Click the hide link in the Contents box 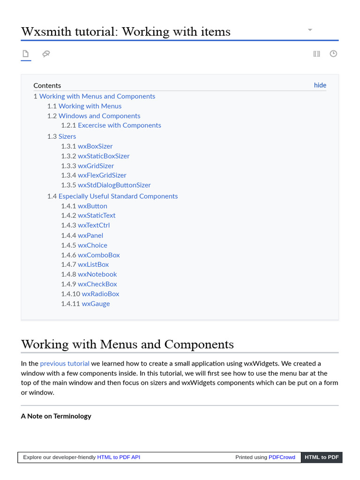click(320, 85)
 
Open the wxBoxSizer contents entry click(95, 146)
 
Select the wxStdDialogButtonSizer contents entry click(114, 185)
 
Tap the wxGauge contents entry click(96, 304)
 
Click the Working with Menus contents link click(90, 106)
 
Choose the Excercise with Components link click(120, 126)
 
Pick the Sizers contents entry click(67, 136)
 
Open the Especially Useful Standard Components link click(118, 196)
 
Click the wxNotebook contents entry click(97, 274)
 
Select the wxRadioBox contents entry click(100, 294)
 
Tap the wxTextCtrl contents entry click(94, 225)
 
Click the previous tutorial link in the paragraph click(65, 363)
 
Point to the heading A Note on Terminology click(56, 416)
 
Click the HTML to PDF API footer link click(119, 457)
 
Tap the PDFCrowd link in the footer click(282, 457)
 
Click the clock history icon click(333, 54)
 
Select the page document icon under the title click(26, 54)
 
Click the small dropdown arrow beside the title click(310, 30)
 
